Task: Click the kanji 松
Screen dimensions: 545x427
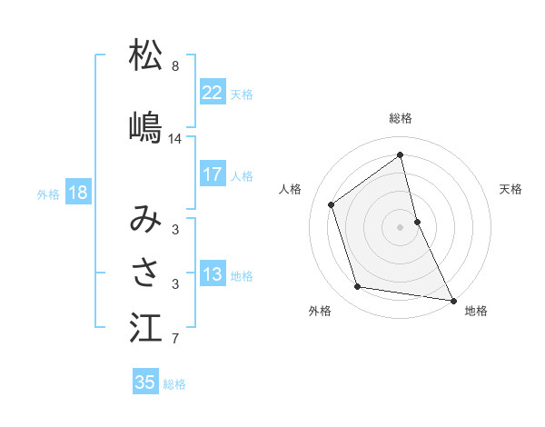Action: tap(145, 55)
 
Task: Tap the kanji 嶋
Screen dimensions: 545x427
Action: tap(145, 126)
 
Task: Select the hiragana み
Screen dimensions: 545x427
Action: tap(145, 219)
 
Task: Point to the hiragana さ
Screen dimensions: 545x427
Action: tap(145, 273)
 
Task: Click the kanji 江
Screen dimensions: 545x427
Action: tap(145, 328)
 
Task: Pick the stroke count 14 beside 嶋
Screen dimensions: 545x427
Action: tap(175, 139)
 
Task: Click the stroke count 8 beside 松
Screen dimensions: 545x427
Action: tap(175, 66)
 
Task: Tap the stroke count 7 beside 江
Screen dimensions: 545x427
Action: tap(175, 340)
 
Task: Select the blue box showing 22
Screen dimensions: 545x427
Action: tap(213, 93)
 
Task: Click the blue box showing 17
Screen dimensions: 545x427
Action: tap(213, 174)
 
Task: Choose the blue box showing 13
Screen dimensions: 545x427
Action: tap(213, 274)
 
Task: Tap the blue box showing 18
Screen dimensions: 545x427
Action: tap(77, 193)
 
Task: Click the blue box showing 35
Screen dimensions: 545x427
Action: tap(145, 382)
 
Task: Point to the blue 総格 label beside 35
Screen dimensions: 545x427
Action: tap(174, 384)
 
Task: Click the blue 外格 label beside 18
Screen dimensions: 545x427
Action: tap(48, 194)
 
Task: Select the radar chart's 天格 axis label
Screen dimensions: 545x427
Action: tap(510, 189)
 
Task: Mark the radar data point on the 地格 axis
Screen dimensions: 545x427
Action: tap(451, 299)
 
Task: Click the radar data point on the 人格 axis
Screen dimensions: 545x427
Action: tap(332, 204)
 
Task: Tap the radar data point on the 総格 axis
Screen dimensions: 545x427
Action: tap(401, 155)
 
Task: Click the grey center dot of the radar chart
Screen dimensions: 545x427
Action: tap(401, 226)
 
